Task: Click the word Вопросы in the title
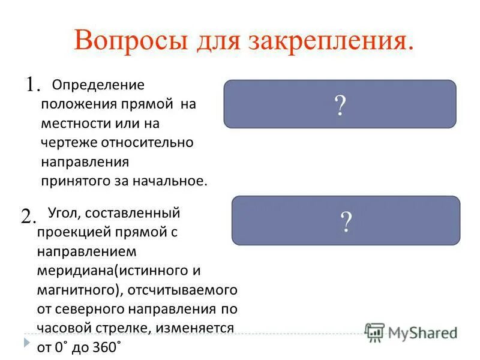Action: coord(125,40)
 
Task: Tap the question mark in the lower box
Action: coord(346,222)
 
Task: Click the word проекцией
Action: coord(66,232)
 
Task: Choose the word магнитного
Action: coord(76,289)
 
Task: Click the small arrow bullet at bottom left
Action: coord(27,343)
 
